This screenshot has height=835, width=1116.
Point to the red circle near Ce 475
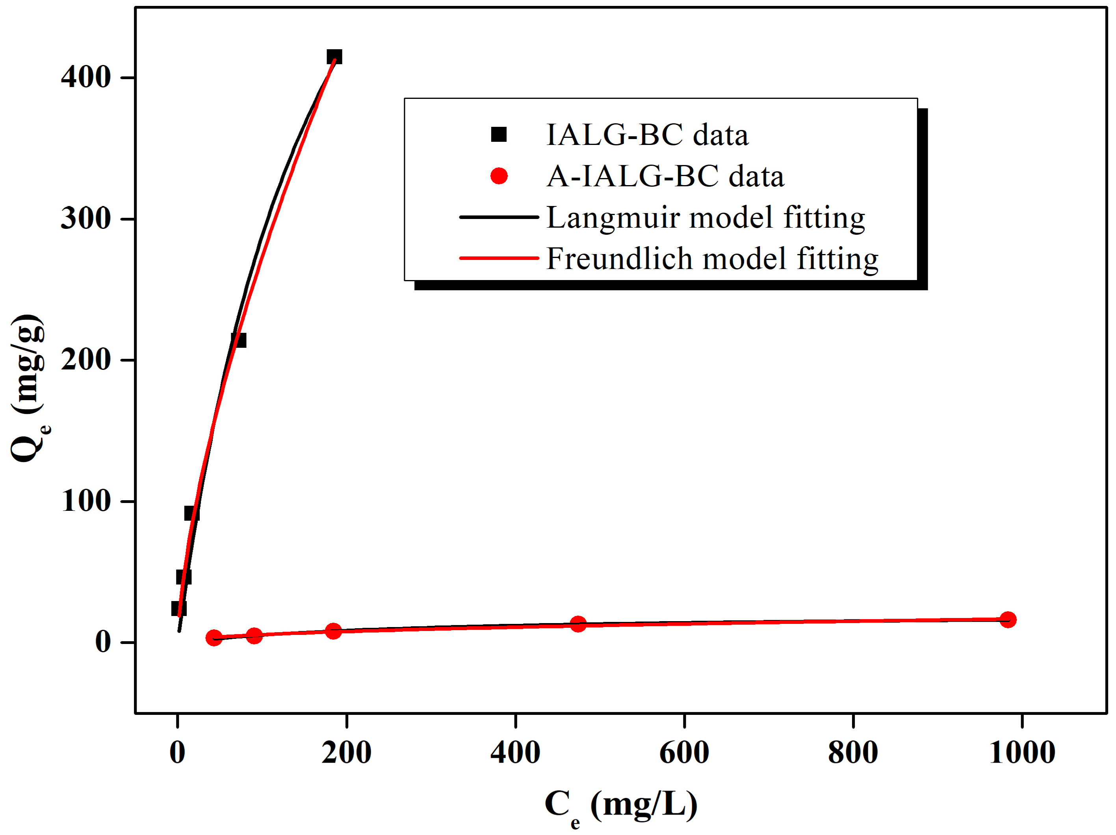point(577,624)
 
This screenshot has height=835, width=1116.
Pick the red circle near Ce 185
point(333,631)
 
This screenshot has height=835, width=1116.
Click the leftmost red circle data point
point(214,638)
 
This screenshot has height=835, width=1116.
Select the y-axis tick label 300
point(86,219)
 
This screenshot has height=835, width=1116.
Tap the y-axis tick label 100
point(86,501)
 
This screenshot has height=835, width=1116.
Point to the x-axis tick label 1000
point(1022,752)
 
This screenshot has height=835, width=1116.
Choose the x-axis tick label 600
point(684,752)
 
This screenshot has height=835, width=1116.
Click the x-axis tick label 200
point(347,752)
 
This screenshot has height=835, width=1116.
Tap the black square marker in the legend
point(498,135)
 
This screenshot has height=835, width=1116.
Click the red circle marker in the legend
point(498,176)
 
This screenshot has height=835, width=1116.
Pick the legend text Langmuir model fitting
point(705,217)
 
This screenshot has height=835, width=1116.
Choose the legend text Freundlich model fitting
point(712,259)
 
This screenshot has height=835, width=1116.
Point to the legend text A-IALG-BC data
point(665,176)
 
